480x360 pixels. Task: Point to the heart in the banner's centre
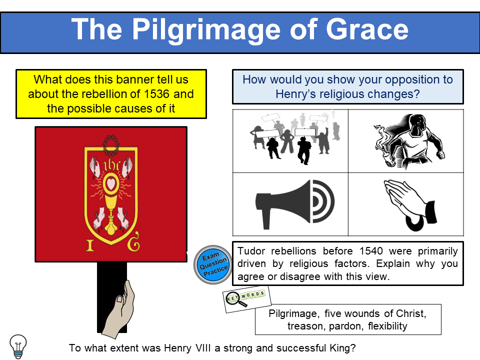(110, 183)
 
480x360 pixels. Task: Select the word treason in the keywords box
(304, 326)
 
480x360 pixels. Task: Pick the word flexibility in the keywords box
(385, 326)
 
